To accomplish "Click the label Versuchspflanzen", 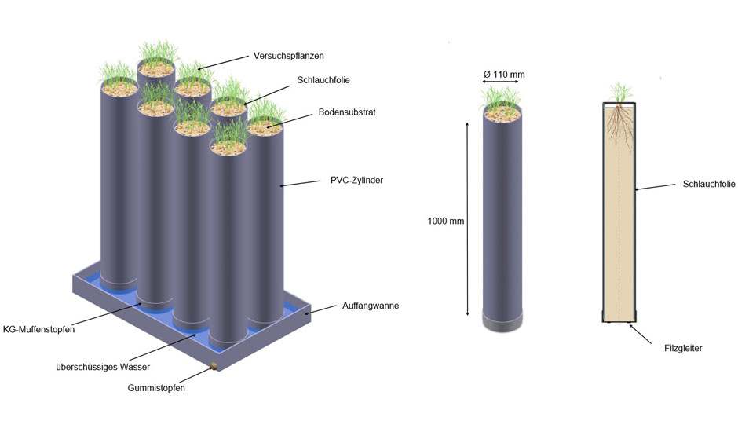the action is (288, 56).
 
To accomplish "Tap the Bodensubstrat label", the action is (347, 112).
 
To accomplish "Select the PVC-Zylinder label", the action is (356, 180).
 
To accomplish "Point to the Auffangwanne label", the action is (371, 306).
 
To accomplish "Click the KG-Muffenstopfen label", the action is (38, 329).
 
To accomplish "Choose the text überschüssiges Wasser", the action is (103, 367).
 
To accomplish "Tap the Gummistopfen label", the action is (156, 388).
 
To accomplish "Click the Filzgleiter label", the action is (683, 349).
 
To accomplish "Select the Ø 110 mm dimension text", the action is (504, 75).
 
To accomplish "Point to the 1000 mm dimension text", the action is (446, 221).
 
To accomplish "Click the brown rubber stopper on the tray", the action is (214, 366).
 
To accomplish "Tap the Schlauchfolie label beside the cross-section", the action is (709, 184).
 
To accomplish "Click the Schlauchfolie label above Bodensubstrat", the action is (323, 80).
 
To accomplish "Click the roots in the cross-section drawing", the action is (619, 126).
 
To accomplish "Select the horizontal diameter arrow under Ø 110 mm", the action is (501, 82).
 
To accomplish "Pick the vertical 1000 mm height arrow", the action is (467, 219).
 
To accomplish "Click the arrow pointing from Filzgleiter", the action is (641, 334).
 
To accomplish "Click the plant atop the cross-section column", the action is (621, 93).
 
